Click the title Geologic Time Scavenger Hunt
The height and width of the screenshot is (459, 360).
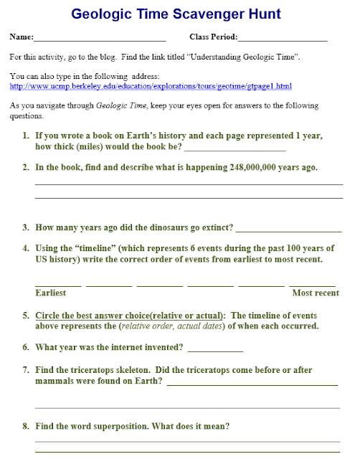point(180,14)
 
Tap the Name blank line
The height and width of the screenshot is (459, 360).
point(100,40)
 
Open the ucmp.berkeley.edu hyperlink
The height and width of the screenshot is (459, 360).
point(141,86)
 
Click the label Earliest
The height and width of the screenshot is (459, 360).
point(51,293)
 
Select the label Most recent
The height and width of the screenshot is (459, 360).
point(316,293)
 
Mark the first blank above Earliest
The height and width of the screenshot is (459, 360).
point(58,285)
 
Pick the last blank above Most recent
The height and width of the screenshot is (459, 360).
point(312,285)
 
